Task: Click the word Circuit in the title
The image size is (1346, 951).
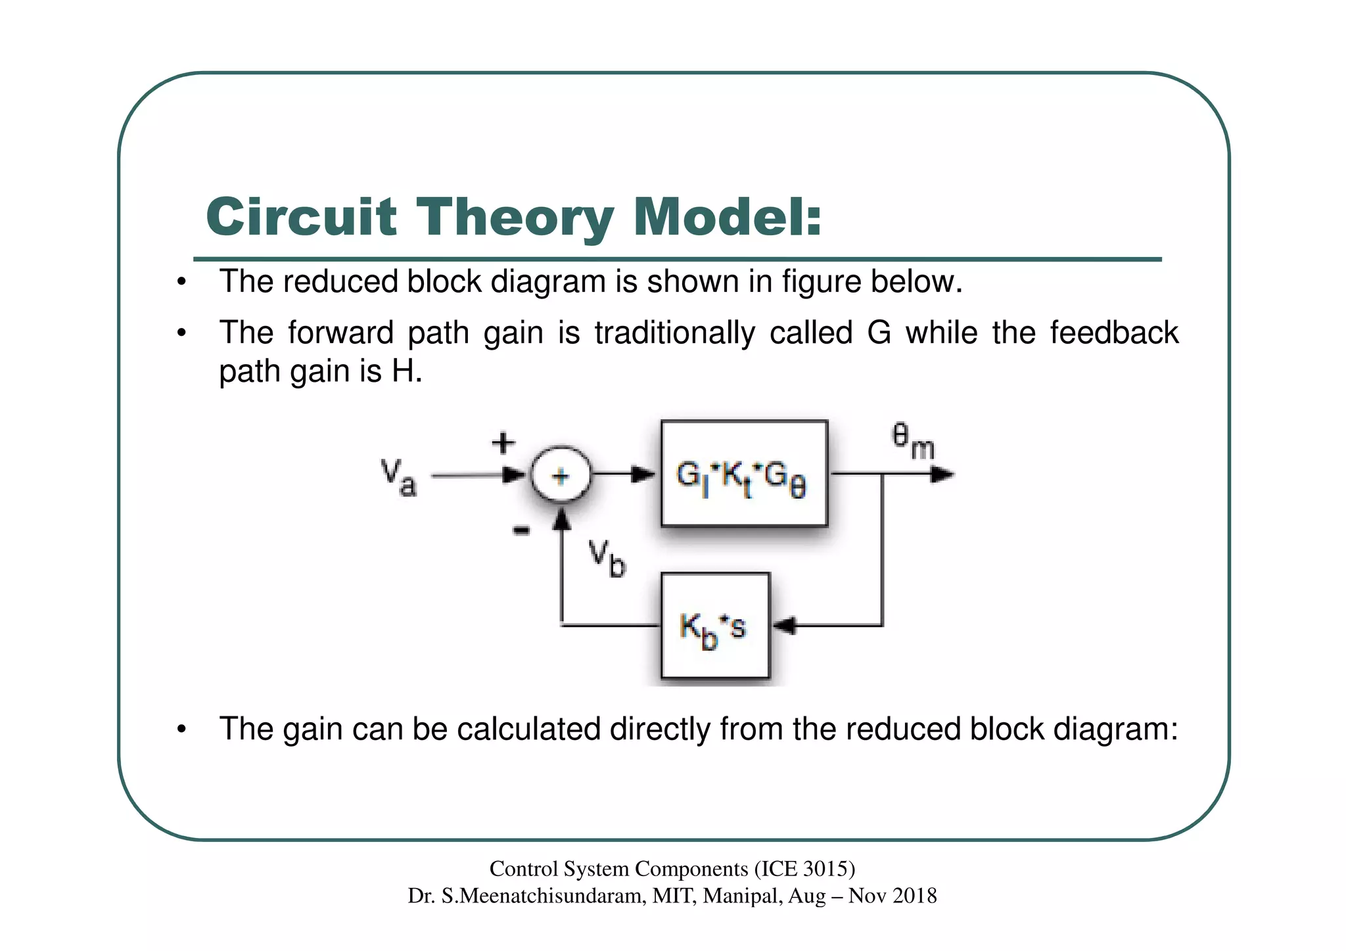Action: pos(302,217)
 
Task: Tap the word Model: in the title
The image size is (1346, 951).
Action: pos(727,217)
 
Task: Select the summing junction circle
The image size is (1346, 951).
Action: pos(560,475)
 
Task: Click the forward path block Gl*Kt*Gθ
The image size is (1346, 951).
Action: pos(744,474)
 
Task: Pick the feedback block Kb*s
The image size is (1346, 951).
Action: pos(714,626)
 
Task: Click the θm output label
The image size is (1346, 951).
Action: pos(912,442)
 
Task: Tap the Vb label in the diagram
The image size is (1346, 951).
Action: pos(606,557)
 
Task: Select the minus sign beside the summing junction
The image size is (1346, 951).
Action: pos(521,530)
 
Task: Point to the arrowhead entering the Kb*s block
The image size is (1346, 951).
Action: pos(783,626)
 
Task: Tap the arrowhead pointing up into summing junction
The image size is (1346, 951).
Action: pos(561,520)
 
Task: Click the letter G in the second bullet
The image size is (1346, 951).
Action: pos(879,333)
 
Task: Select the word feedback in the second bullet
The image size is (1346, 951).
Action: pos(1113,333)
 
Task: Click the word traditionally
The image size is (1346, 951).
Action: pos(675,333)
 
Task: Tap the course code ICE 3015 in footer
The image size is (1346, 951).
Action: pos(803,869)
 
